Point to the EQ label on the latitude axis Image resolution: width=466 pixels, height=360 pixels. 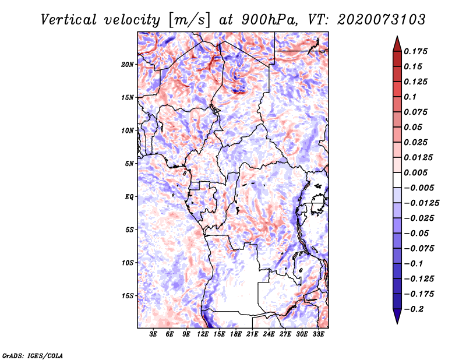pos(129,196)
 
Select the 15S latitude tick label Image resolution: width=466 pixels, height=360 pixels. pos(128,295)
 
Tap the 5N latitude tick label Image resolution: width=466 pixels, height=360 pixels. pos(130,163)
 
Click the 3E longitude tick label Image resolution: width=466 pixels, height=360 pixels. pos(154,334)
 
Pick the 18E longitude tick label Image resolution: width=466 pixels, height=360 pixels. pos(236,334)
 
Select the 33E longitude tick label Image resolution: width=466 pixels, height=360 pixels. pos(318,334)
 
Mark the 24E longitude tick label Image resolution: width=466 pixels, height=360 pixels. pos(269,334)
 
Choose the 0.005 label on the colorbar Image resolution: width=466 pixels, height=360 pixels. pos(418,172)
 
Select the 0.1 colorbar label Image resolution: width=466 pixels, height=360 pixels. pos(411,97)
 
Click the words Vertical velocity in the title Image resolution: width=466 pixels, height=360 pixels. pos(100,19)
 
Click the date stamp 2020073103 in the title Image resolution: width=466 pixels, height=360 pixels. pos(373,19)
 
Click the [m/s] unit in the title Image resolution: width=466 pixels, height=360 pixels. pos(189,19)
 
